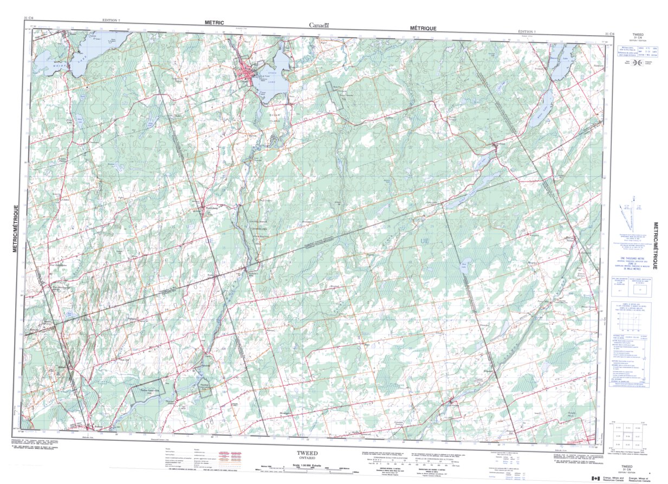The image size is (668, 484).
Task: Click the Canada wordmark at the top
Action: point(319,25)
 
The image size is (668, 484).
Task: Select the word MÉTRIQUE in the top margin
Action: point(423,27)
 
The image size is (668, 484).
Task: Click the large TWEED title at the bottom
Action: point(307,453)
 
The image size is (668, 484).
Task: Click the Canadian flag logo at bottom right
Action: point(595,477)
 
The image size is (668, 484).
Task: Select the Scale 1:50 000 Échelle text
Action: point(307,466)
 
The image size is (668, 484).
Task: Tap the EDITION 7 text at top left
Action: point(112,21)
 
